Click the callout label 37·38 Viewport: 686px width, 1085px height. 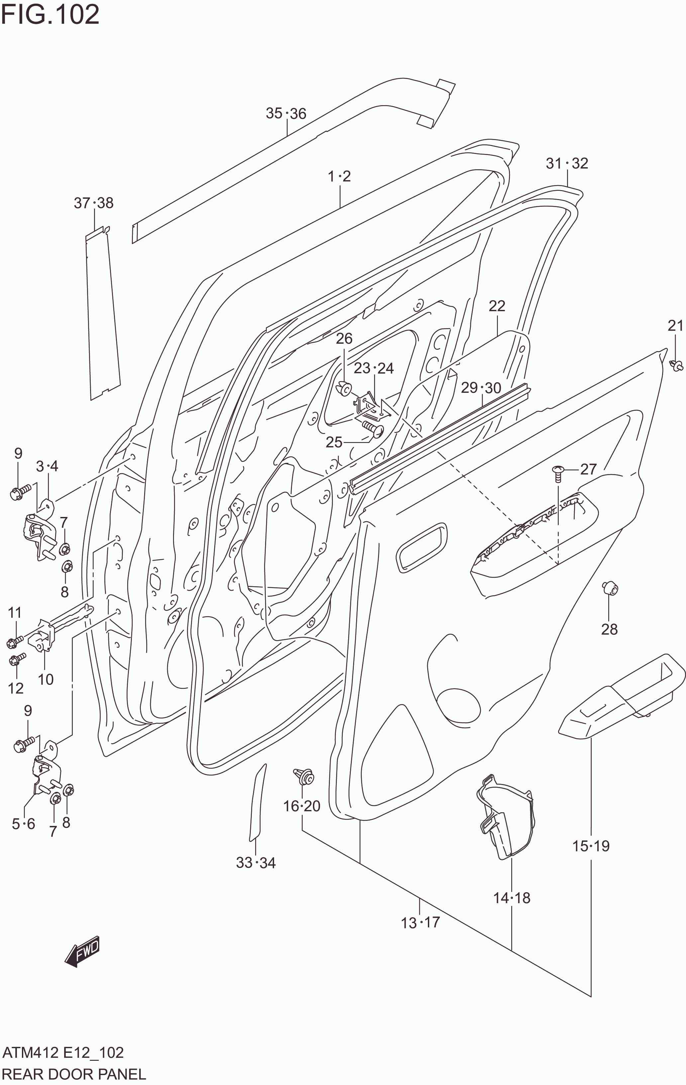point(93,203)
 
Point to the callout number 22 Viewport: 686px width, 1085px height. point(497,306)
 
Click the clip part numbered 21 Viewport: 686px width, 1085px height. point(676,365)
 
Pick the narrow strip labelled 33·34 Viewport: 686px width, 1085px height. point(257,802)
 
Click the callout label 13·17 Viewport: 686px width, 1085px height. point(420,923)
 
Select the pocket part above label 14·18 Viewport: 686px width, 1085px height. point(505,816)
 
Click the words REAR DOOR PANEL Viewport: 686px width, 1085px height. point(74,1074)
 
